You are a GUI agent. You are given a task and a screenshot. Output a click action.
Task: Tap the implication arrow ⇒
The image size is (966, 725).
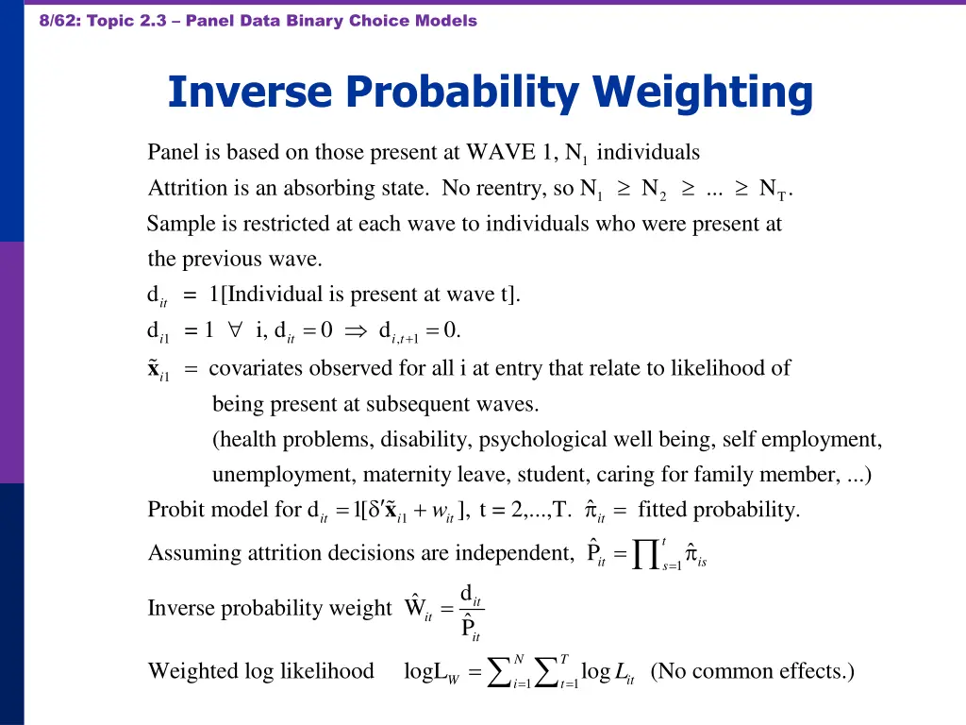click(358, 330)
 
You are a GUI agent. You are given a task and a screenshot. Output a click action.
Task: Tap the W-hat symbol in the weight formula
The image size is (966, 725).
click(417, 607)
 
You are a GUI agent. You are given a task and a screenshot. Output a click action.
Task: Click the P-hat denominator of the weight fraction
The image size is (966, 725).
click(468, 626)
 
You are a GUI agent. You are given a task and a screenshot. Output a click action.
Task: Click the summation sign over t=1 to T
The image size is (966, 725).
click(549, 671)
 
